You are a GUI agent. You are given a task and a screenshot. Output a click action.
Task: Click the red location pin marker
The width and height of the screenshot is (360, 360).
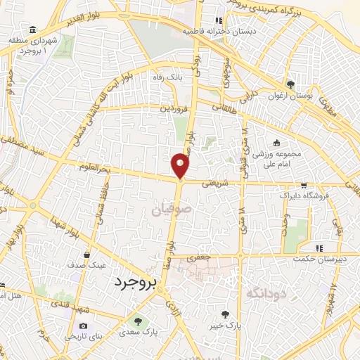tap(181, 165)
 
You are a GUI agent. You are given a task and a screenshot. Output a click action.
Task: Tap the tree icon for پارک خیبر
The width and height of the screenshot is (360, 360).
tap(225, 315)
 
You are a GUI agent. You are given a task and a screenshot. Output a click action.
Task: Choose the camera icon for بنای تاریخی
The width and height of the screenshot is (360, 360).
tap(84, 326)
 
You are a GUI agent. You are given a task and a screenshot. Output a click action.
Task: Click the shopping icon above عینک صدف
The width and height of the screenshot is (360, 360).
tap(86, 255)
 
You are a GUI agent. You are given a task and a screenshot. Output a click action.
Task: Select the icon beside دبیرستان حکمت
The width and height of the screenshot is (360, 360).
tap(319, 247)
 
